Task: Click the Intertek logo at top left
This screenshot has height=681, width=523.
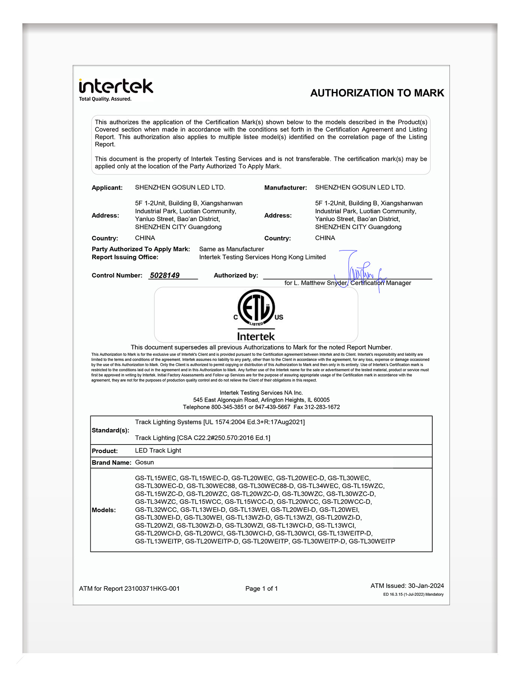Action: point(116,87)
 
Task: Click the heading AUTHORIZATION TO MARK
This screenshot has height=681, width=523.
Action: point(377,93)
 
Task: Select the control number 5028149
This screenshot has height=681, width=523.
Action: point(165,276)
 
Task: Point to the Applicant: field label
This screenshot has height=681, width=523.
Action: point(107,188)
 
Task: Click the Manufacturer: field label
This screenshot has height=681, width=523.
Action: point(285,188)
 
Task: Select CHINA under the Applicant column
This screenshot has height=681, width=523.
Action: point(145,238)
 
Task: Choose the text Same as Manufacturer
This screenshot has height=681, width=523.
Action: point(231,249)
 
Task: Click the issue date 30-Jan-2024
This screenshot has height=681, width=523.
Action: point(426,586)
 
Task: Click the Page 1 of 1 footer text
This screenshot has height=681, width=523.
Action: point(261,589)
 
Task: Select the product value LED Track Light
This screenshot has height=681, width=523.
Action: point(158,450)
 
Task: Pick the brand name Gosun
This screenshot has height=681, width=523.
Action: point(144,463)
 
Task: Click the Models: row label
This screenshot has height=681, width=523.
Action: point(104,510)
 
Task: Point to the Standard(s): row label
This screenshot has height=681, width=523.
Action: point(110,430)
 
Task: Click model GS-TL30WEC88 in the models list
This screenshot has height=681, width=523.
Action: point(211,486)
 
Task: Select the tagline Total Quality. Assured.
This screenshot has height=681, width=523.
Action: point(105,99)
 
